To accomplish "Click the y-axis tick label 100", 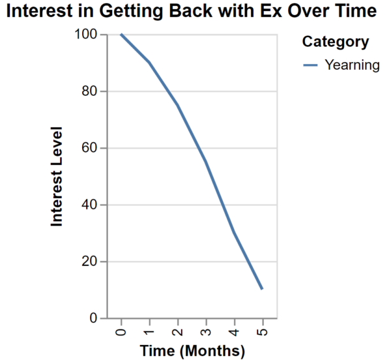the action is (x=86, y=34).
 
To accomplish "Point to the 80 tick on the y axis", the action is (x=89, y=91).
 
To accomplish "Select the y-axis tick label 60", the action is (x=89, y=148).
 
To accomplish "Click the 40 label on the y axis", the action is (x=89, y=205).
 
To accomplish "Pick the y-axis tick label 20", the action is (x=89, y=262).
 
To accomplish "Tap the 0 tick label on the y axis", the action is (x=93, y=318).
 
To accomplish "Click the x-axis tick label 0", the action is (x=121, y=332).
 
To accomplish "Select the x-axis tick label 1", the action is (x=150, y=332).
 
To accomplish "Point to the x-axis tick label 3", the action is (x=206, y=332).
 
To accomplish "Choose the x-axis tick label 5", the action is (x=263, y=332).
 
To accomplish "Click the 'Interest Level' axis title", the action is (x=56, y=176).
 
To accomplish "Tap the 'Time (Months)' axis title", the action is (x=192, y=351).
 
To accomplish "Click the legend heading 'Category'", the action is (x=336, y=42).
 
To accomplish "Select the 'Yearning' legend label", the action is (x=352, y=65).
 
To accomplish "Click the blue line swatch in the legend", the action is (x=310, y=65).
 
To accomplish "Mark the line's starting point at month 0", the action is (x=121, y=35).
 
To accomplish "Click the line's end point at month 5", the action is (x=263, y=290).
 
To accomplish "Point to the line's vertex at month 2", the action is (x=178, y=105).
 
